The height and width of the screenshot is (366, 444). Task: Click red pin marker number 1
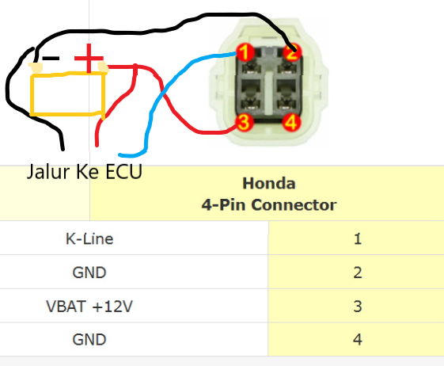click(245, 52)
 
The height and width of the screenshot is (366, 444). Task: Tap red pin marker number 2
click(292, 52)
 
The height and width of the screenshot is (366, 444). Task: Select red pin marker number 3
click(244, 123)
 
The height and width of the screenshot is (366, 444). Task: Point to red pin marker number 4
click(291, 123)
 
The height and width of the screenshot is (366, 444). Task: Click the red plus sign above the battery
click(89, 58)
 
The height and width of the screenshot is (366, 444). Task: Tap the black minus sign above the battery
click(51, 59)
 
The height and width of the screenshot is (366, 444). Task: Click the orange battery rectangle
click(31, 95)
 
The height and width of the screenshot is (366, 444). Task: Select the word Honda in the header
click(269, 184)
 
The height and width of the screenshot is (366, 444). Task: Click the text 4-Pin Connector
click(269, 204)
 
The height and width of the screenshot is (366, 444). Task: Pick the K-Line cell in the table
click(89, 238)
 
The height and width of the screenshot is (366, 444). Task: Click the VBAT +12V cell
click(89, 306)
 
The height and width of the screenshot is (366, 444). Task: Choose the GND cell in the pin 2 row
click(89, 273)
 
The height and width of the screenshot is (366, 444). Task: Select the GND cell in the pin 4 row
click(89, 339)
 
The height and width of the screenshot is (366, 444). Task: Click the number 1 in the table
click(358, 238)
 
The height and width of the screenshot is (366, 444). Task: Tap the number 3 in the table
click(358, 306)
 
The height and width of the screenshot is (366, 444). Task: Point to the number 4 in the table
click(358, 339)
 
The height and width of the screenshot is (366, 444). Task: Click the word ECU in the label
click(123, 172)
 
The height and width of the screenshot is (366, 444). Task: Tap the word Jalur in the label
click(48, 172)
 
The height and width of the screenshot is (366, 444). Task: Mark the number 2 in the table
click(358, 273)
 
